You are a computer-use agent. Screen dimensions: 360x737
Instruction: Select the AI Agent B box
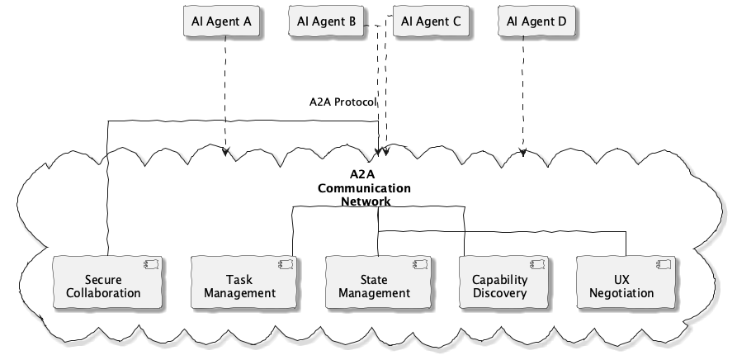[x=326, y=21]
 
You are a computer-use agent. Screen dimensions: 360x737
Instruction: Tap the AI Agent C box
[x=431, y=21]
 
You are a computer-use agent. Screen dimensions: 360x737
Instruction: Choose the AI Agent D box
[x=536, y=21]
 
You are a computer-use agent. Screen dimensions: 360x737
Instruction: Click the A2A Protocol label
[x=343, y=102]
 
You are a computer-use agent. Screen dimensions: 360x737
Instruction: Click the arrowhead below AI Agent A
[x=225, y=152]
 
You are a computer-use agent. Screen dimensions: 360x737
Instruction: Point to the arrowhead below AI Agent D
[x=522, y=152]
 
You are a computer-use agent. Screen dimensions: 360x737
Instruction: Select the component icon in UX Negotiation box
[x=664, y=265]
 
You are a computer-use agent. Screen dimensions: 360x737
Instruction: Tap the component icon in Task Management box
[x=283, y=265]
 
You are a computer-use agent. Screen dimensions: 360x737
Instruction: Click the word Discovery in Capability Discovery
[x=499, y=293]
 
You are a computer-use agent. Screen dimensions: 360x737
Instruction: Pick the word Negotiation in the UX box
[x=623, y=293]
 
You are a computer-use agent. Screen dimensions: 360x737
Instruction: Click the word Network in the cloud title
[x=366, y=201]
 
